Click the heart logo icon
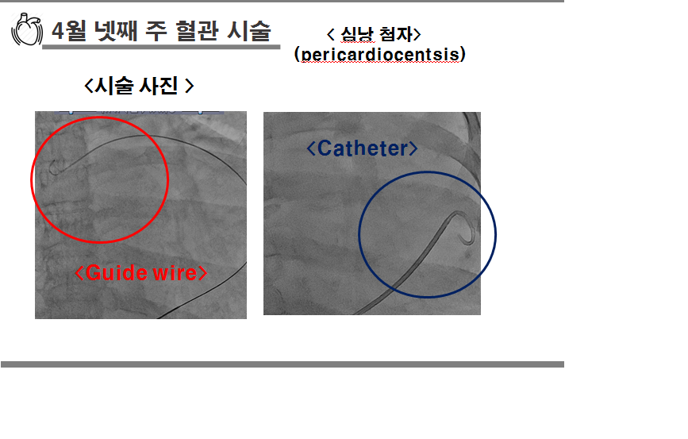27,29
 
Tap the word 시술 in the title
249,31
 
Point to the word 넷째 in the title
116,31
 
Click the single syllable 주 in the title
156,31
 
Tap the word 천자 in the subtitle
396,34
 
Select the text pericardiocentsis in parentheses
380,55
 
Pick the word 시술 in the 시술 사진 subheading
113,86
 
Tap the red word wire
175,273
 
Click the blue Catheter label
362,148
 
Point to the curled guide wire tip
54,167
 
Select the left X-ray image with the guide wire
140,215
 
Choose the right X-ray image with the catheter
372,214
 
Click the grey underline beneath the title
161,47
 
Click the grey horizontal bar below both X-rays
283,364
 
